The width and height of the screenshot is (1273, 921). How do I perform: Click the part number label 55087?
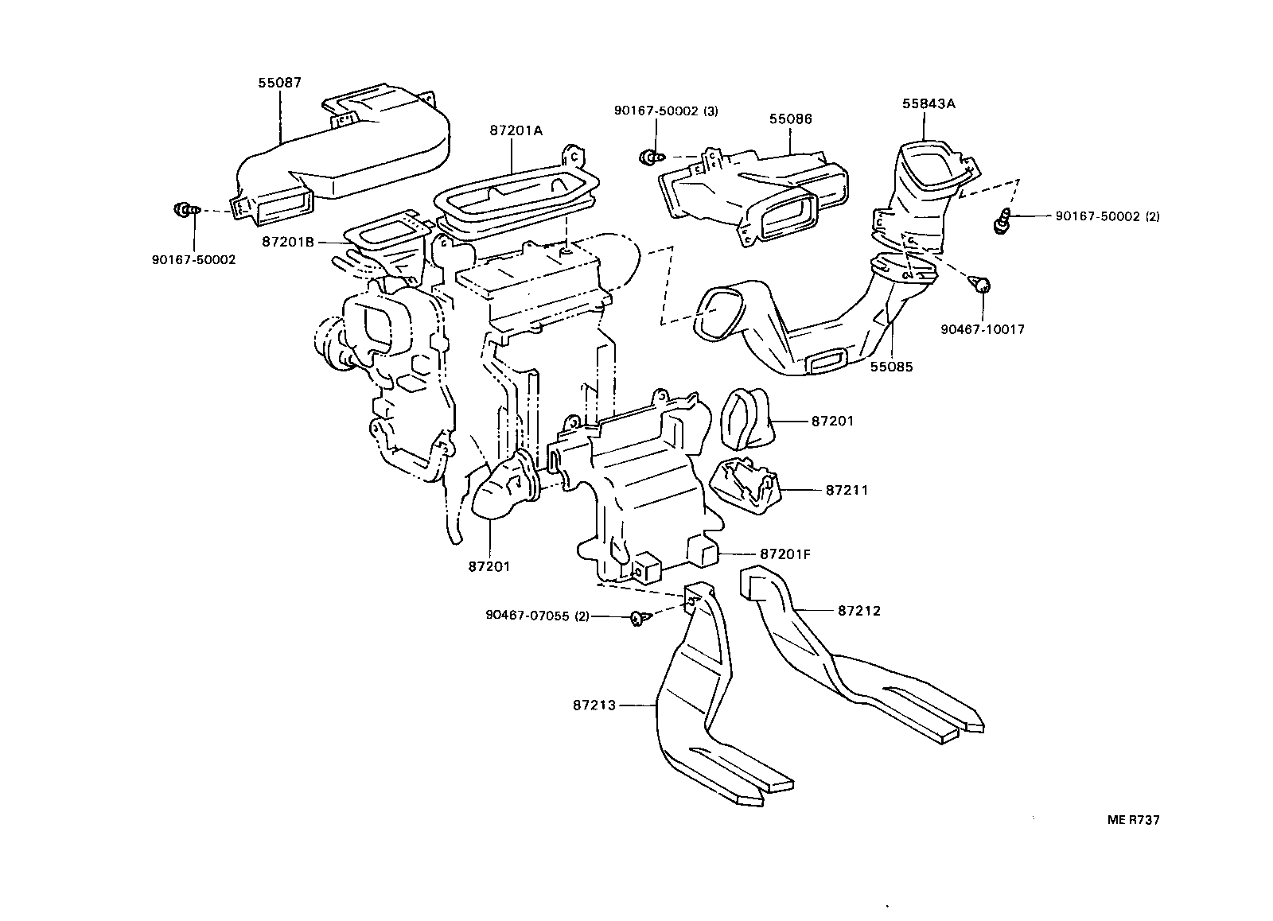(x=279, y=83)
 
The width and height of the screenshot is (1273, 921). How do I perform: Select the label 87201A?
(x=516, y=130)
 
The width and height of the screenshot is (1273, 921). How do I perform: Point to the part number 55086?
(x=790, y=119)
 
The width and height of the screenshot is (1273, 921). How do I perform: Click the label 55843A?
(x=928, y=104)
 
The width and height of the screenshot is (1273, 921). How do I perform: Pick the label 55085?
(x=891, y=367)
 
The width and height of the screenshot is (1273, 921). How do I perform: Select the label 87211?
(x=847, y=491)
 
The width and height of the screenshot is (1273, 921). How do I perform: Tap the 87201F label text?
(x=785, y=554)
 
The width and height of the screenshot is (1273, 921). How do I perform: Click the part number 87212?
(x=859, y=611)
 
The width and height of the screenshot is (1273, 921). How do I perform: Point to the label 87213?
(x=594, y=705)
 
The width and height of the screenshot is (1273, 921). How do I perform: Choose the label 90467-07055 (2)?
(x=537, y=616)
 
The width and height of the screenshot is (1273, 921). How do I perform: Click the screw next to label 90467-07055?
(x=638, y=618)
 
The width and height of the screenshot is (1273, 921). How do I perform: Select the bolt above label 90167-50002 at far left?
(x=182, y=211)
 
